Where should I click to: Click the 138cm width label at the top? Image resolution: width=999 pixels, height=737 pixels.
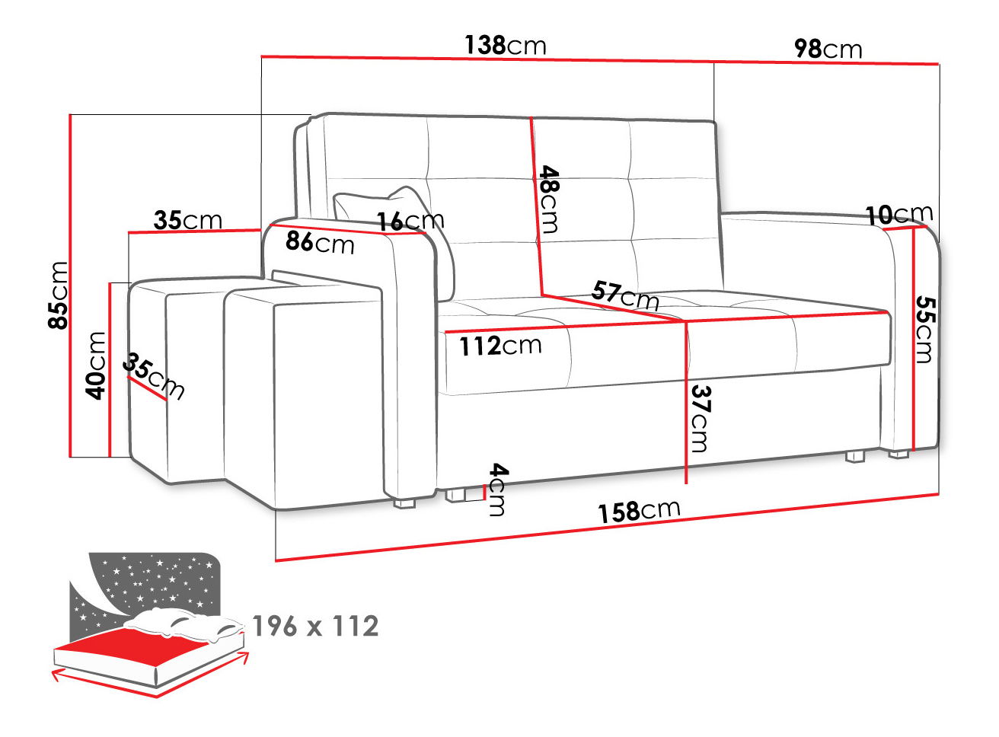click(506, 46)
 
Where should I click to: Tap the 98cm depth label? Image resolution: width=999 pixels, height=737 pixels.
click(828, 49)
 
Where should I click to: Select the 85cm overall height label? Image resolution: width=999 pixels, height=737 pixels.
click(58, 295)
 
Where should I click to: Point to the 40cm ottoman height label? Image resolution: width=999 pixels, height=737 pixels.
click(95, 365)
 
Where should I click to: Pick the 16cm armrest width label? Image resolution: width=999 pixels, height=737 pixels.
click(410, 221)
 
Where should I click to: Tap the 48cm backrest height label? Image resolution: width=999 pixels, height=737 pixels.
click(549, 199)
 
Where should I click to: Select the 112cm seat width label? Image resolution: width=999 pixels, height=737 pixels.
click(500, 346)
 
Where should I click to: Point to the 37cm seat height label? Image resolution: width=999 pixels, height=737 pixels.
click(700, 419)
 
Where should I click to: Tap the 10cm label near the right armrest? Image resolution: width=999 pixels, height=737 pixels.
click(899, 214)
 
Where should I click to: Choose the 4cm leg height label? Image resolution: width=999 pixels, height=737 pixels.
click(498, 490)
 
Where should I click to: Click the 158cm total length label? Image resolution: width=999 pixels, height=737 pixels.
click(639, 511)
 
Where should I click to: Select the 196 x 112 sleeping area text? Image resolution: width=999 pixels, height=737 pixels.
click(316, 626)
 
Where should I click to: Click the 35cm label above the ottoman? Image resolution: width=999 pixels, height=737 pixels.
click(188, 220)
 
